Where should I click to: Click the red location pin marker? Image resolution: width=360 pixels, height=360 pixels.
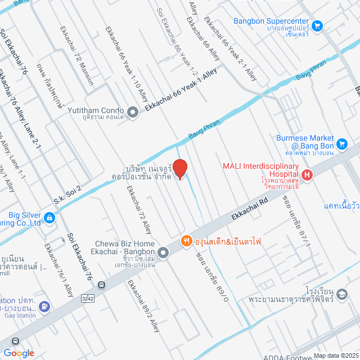[x=179, y=169]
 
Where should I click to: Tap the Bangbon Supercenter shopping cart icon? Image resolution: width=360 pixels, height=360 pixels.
[x=317, y=25]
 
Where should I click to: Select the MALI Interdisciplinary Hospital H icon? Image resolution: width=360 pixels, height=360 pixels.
[x=307, y=175]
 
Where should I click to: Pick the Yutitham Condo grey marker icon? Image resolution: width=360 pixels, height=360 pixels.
[x=133, y=112]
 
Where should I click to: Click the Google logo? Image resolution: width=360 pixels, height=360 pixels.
[x=18, y=353]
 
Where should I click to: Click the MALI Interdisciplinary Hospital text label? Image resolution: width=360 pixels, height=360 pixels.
[x=260, y=166]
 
